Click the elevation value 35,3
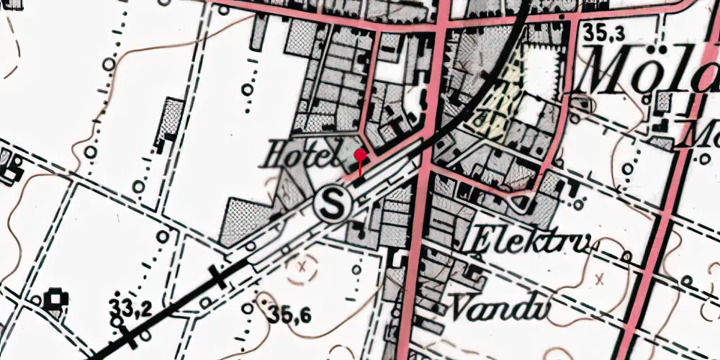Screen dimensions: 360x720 pyautogui.click(x=603, y=32)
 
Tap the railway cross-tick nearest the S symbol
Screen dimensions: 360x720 pyautogui.click(x=217, y=275)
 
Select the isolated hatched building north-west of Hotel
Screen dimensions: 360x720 pyautogui.click(x=171, y=119)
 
